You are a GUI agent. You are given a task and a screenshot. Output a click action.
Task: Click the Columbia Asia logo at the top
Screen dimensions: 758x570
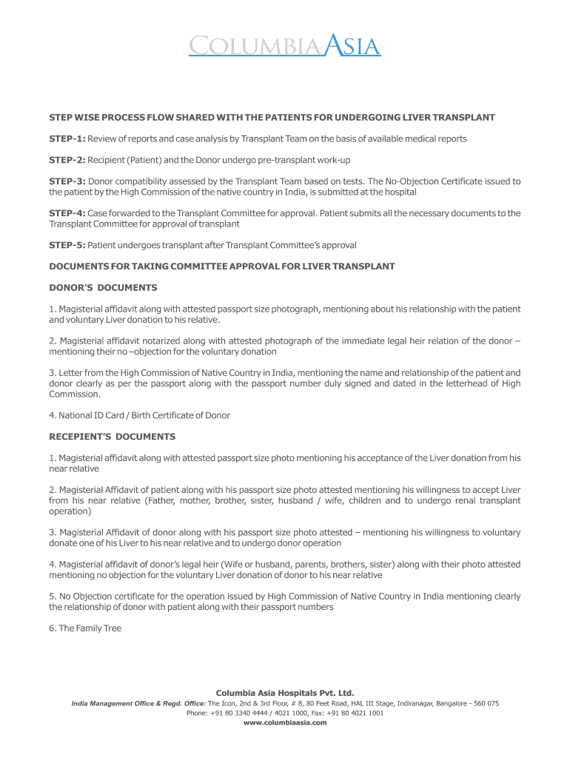(x=284, y=47)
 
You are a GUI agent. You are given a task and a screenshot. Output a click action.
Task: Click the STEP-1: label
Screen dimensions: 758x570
(x=67, y=139)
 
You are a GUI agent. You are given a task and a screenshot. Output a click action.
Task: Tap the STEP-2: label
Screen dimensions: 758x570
(x=67, y=160)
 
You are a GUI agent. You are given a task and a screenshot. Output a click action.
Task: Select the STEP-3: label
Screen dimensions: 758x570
(x=67, y=181)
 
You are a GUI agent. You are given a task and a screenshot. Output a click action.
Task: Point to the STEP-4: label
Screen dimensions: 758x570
(x=67, y=213)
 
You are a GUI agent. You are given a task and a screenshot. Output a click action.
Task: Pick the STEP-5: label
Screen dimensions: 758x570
(x=67, y=245)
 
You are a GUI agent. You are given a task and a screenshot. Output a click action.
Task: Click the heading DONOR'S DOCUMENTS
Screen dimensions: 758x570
(x=103, y=287)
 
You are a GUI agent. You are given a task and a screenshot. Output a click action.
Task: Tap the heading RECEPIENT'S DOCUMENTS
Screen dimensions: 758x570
(x=112, y=437)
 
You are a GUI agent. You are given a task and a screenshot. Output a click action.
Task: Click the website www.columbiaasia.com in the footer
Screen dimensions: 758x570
(x=285, y=722)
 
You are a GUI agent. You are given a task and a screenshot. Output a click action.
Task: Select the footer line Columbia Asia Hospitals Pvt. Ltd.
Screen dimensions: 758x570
(x=285, y=693)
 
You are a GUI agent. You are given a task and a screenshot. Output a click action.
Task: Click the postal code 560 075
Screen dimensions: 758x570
(x=483, y=703)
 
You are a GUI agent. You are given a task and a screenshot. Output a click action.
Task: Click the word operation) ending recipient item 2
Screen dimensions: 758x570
(x=70, y=512)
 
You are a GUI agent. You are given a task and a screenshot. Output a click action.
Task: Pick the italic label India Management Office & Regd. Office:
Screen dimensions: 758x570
(x=138, y=703)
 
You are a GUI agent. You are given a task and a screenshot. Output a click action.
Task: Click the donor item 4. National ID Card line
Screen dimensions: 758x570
(x=139, y=415)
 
